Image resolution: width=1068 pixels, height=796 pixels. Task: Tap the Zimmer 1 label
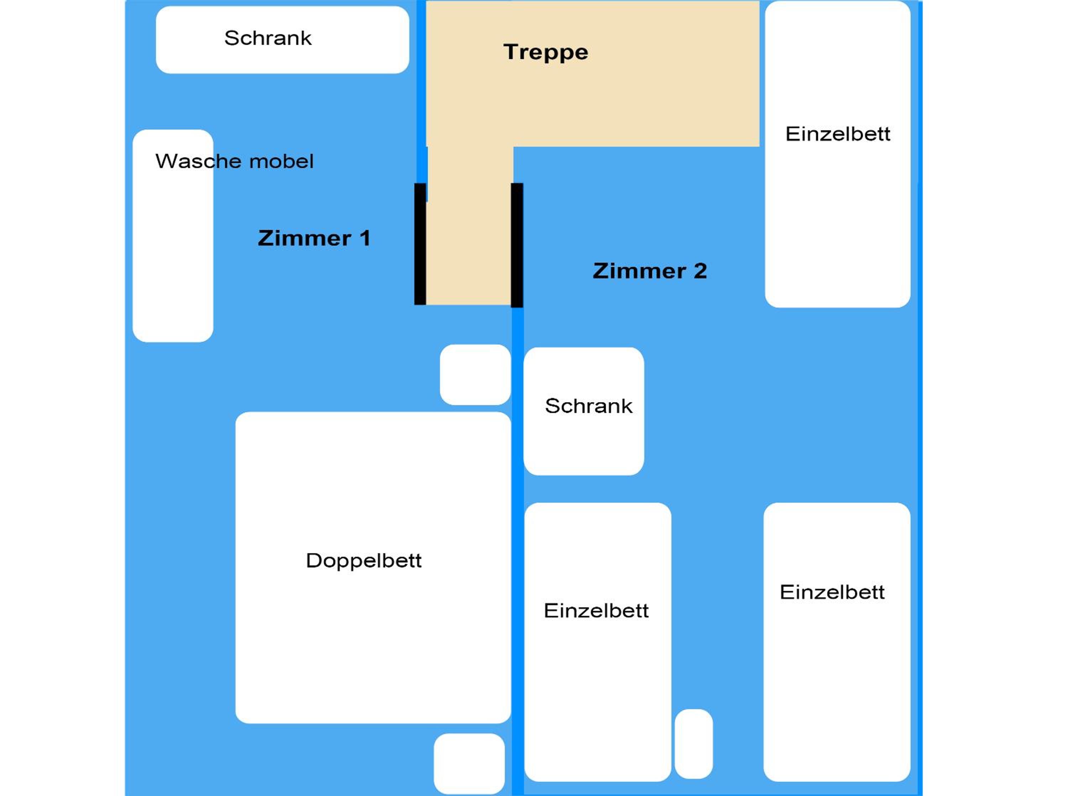pyautogui.click(x=314, y=238)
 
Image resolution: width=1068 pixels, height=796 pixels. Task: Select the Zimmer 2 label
pyautogui.click(x=650, y=271)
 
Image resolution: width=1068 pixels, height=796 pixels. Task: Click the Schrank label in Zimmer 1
pyautogui.click(x=268, y=38)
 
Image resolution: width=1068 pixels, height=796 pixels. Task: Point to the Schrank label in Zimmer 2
pyautogui.click(x=589, y=406)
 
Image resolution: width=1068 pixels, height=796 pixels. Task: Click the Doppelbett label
pyautogui.click(x=364, y=561)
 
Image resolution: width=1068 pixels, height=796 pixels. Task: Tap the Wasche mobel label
pyautogui.click(x=234, y=161)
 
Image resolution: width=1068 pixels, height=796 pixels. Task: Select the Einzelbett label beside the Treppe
pyautogui.click(x=838, y=134)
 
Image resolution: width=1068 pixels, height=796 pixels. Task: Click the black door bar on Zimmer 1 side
pyautogui.click(x=420, y=244)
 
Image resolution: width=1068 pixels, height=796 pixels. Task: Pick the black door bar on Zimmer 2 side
pyautogui.click(x=517, y=245)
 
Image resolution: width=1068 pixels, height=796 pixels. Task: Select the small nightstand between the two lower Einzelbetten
pyautogui.click(x=694, y=744)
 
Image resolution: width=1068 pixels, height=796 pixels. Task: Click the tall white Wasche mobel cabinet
pyautogui.click(x=173, y=236)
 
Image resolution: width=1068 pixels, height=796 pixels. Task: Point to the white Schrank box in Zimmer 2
pyautogui.click(x=584, y=412)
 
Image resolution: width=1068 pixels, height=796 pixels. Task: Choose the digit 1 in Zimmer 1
pyautogui.click(x=365, y=238)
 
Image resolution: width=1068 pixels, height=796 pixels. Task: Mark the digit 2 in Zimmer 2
pyautogui.click(x=701, y=271)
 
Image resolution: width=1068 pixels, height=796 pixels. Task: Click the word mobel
pyautogui.click(x=281, y=161)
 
